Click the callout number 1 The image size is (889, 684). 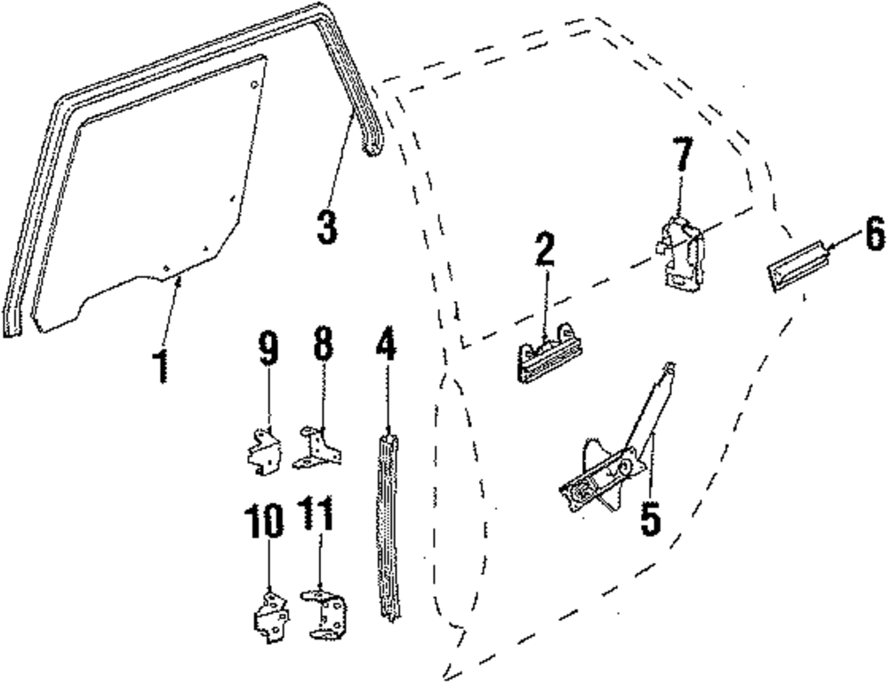(x=161, y=366)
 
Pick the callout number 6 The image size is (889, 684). (x=874, y=235)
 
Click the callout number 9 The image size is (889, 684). (x=268, y=347)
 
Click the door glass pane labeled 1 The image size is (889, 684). (x=151, y=195)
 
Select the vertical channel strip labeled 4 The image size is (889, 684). (x=388, y=524)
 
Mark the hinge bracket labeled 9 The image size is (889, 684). (x=264, y=450)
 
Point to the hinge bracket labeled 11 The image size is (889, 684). (x=325, y=612)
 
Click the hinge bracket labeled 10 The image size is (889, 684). (x=271, y=616)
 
